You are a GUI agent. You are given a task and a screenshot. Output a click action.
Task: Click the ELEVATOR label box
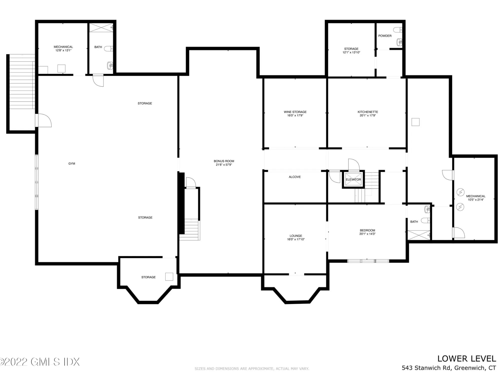(353, 180)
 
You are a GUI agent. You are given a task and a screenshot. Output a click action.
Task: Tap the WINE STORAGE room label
(295, 112)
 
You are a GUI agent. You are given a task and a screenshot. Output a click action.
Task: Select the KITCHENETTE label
(368, 112)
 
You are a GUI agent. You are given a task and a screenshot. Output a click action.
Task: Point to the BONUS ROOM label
(224, 161)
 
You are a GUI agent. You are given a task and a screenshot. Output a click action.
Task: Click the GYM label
(72, 164)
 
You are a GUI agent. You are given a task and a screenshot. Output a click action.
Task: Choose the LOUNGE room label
(296, 236)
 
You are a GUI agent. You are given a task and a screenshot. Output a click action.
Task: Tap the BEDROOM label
(367, 231)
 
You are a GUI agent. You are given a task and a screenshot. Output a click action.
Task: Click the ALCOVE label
(295, 177)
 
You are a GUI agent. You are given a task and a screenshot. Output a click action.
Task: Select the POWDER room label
(385, 36)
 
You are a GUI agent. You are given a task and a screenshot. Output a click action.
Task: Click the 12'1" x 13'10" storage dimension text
(351, 52)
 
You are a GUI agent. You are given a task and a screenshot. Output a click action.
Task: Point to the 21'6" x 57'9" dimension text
(224, 165)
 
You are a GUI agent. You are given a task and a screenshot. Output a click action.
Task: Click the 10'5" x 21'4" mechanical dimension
(476, 200)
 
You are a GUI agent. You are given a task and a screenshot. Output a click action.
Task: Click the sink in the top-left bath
(110, 65)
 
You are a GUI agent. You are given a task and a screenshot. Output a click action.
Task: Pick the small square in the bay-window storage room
(169, 277)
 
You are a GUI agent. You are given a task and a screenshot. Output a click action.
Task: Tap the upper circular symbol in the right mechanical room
(460, 192)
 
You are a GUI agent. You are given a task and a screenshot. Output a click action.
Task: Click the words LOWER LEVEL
(467, 359)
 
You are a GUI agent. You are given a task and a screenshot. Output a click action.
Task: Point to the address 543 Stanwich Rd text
(427, 368)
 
